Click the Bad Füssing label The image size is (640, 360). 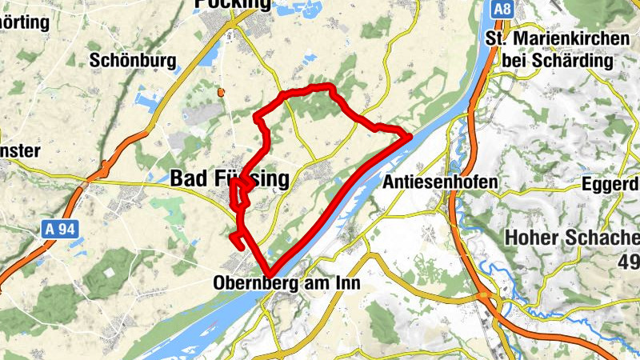point(230,180)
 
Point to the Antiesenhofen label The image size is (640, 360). point(440,183)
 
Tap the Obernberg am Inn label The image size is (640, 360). point(288,283)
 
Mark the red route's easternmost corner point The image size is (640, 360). point(410,137)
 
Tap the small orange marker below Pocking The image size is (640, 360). point(222,93)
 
